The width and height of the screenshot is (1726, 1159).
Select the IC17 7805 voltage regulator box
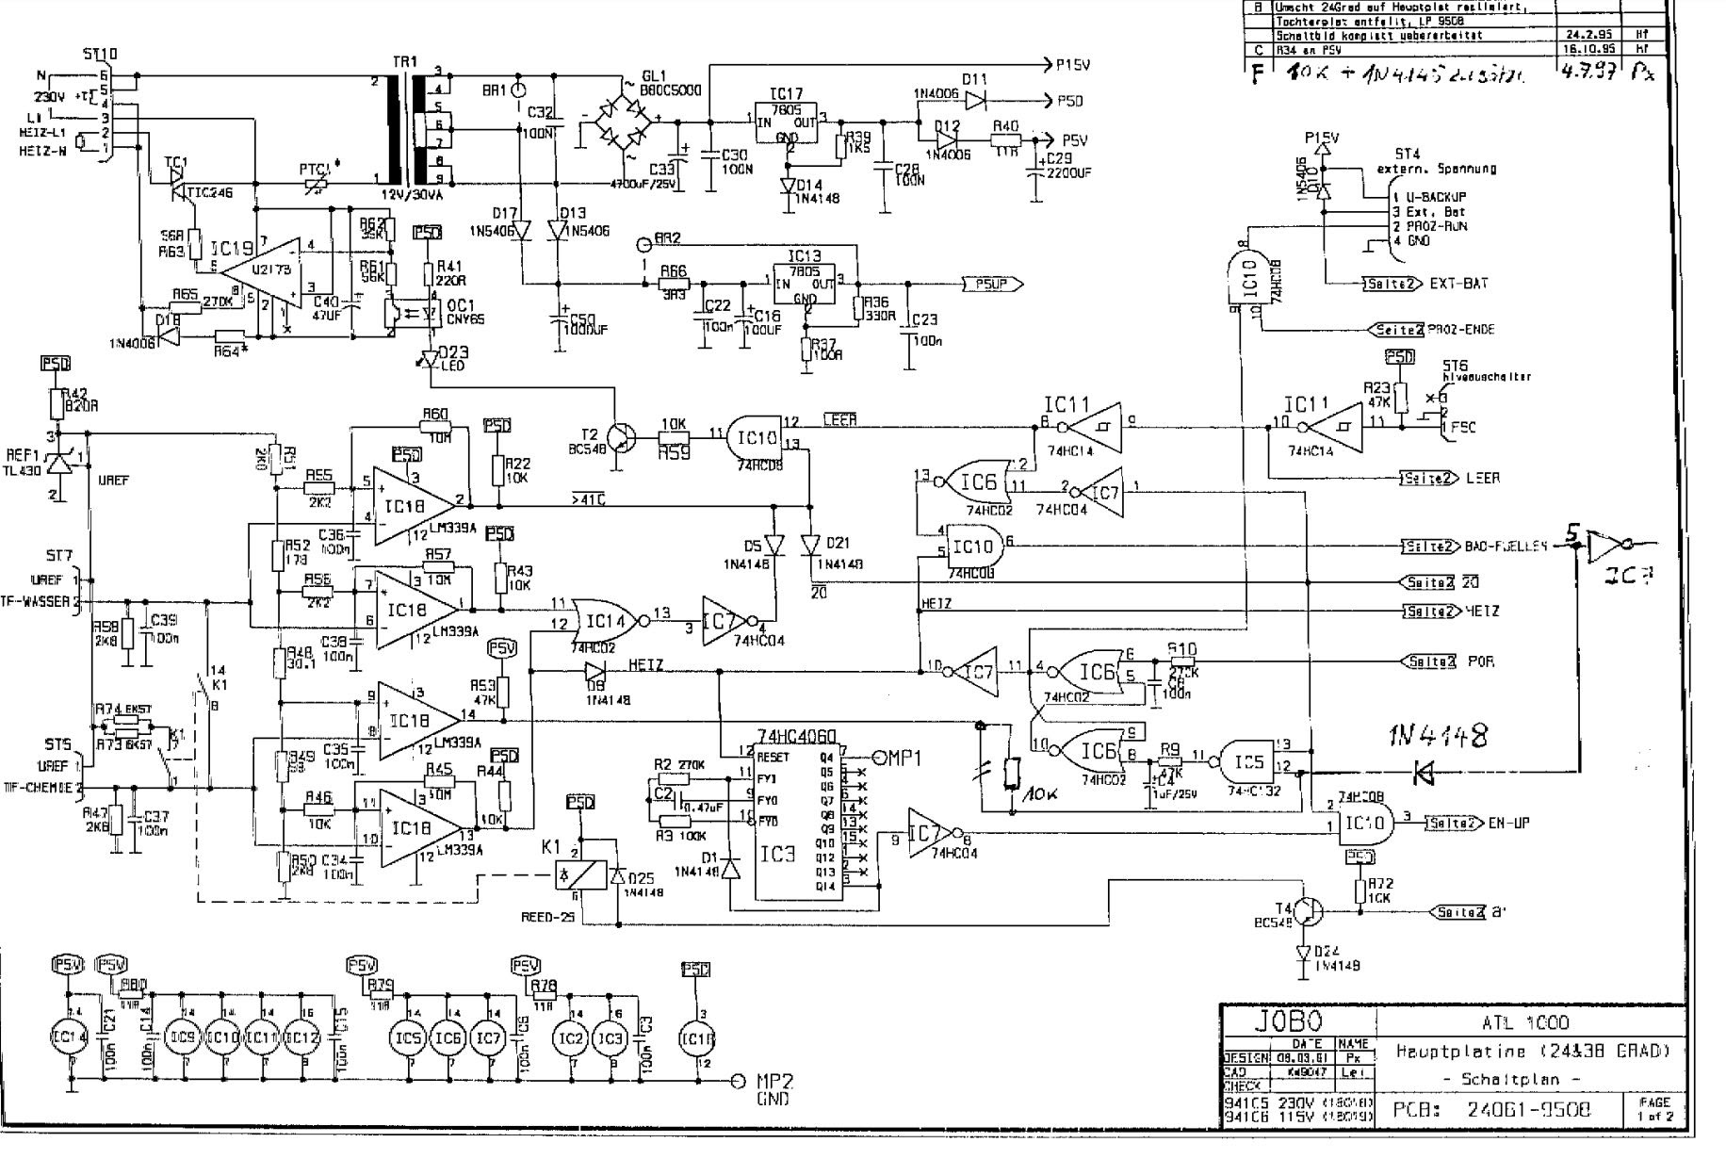[789, 122]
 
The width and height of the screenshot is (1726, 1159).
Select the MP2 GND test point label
[773, 1088]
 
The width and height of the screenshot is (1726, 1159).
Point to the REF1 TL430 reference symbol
[62, 463]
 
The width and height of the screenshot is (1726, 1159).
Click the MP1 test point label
[904, 757]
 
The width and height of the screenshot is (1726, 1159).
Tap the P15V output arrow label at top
[1072, 64]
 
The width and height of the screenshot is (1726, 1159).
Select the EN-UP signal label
[1499, 823]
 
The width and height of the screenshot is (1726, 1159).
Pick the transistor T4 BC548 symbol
[1307, 911]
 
